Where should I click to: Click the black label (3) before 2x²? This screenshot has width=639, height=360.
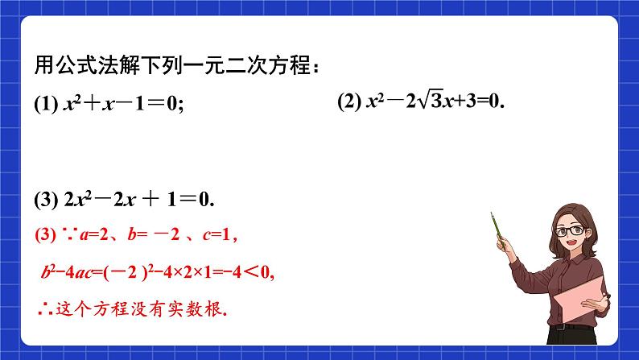tap(45, 200)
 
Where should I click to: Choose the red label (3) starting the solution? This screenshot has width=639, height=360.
tap(44, 236)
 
